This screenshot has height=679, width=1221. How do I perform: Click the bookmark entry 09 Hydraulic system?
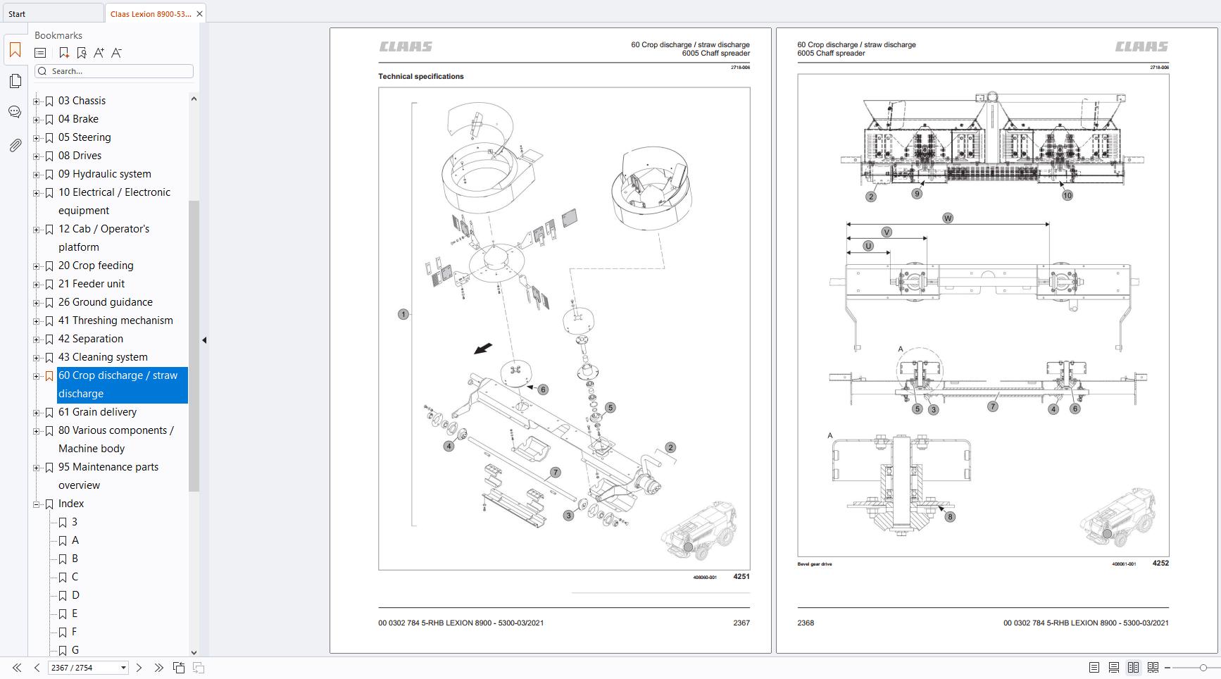[x=104, y=174]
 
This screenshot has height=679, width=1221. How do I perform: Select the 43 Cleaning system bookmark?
[x=103, y=357]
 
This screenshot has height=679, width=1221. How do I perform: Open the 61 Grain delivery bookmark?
[x=97, y=412]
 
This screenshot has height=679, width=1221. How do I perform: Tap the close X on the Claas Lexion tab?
[x=200, y=13]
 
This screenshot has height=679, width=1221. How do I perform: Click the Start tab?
[x=18, y=13]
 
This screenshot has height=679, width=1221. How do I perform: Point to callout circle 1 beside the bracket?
[x=403, y=314]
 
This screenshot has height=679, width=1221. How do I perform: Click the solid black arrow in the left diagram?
[x=483, y=349]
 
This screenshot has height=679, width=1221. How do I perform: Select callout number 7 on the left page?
[x=555, y=473]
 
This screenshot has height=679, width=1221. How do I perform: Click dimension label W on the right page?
[x=948, y=218]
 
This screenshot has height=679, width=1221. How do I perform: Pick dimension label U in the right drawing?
[x=868, y=246]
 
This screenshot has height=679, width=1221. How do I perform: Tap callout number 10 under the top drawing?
[x=1067, y=196]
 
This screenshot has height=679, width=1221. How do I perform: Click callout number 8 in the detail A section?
[x=950, y=516]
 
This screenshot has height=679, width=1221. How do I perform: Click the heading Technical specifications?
[x=421, y=76]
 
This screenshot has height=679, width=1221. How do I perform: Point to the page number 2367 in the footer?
[x=741, y=623]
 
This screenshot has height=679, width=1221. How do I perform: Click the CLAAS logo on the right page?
[x=1141, y=46]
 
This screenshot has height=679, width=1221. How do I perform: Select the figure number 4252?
[x=1160, y=563]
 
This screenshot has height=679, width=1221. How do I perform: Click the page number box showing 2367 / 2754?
[x=83, y=668]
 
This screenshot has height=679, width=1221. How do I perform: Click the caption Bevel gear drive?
[x=815, y=564]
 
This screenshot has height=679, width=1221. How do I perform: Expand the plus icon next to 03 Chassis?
[x=37, y=101]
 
